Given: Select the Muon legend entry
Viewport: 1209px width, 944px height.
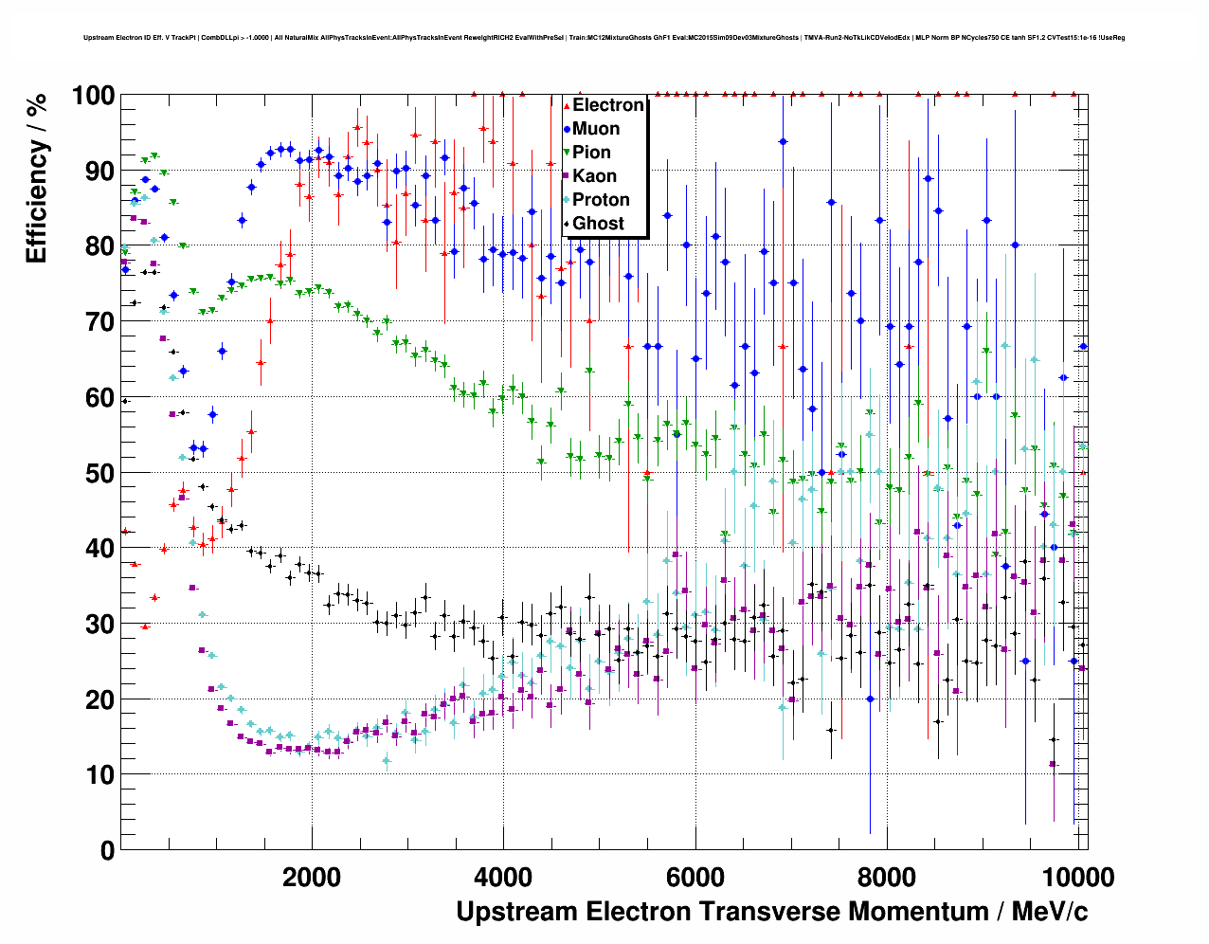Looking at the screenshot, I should pos(596,129).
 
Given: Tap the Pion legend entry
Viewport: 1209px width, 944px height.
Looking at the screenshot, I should pos(591,153).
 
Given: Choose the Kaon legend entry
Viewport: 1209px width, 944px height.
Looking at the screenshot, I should pos(594,176).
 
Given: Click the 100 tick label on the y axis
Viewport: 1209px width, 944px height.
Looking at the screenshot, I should pos(93,96).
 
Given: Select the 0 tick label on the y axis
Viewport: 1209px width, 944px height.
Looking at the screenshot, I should pos(107,850).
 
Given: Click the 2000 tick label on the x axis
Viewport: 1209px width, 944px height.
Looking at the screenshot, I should pos(312,877).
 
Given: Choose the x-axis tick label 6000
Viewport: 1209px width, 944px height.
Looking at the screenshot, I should pos(695,877).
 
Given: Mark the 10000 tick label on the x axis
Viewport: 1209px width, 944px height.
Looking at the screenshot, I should pos(1076,877).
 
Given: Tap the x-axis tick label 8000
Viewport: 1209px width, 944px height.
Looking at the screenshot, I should pos(888,877).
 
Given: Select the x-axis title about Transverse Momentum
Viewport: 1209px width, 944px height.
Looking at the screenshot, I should pos(771,912).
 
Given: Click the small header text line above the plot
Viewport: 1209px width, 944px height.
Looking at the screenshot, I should pos(604,38).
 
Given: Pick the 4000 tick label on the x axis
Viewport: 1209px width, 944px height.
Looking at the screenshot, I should pos(503,877).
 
